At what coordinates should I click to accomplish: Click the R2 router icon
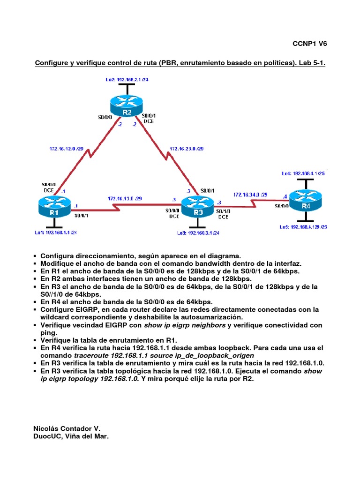[x=127, y=105]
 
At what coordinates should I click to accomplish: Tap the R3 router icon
[x=198, y=206]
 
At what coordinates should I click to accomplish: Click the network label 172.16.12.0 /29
[x=67, y=149]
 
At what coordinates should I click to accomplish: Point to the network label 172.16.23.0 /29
[x=187, y=149]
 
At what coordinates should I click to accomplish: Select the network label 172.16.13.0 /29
[x=124, y=198]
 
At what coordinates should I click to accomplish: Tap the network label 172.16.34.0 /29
[x=250, y=194]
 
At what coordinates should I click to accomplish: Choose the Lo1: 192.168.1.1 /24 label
[x=55, y=232]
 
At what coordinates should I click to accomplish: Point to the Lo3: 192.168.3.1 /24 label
[x=198, y=232]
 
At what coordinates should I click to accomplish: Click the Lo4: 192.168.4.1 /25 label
[x=303, y=173]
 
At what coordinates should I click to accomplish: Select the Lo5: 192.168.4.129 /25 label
[x=303, y=227]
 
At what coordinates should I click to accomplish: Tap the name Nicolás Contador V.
[x=67, y=428]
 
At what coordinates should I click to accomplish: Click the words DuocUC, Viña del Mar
[x=71, y=436]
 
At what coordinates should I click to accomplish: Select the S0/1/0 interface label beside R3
[x=223, y=211]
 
